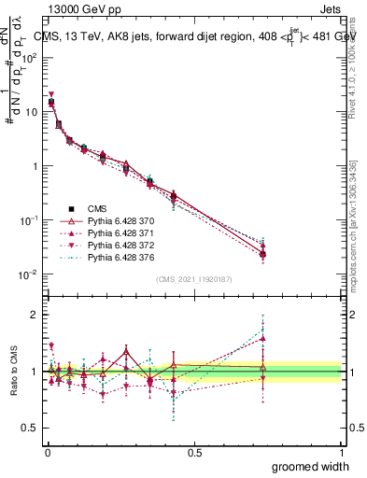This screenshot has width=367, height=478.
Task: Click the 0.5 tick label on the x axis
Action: [194, 451]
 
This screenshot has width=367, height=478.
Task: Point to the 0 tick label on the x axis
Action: [47, 451]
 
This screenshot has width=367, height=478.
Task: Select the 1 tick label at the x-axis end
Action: [341, 451]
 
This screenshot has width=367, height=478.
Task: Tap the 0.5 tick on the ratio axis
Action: [32, 428]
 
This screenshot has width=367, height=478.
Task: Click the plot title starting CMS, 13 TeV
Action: [196, 36]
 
